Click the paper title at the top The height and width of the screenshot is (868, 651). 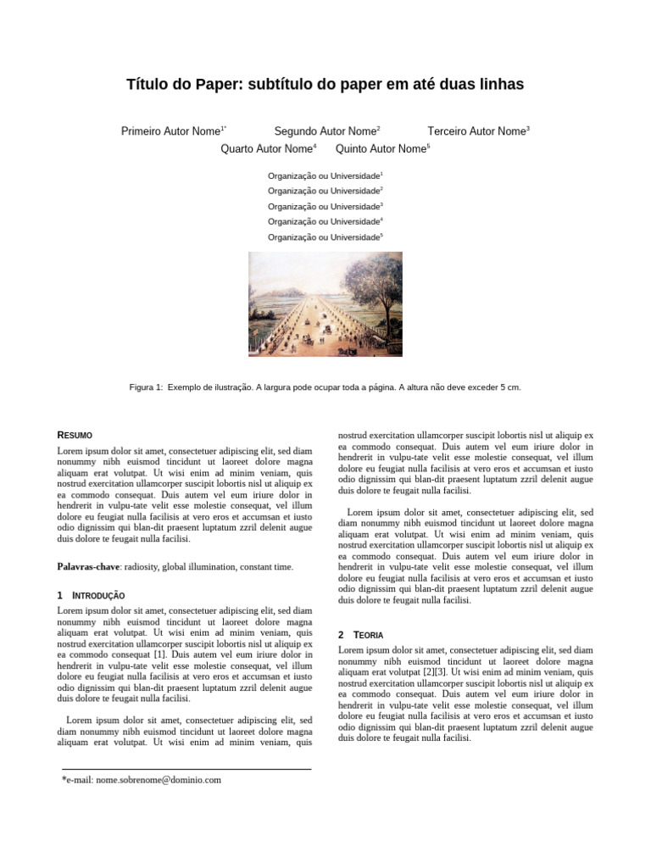[x=325, y=84]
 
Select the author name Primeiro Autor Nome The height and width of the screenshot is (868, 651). [x=172, y=131]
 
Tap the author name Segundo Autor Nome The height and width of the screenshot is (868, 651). [x=325, y=131]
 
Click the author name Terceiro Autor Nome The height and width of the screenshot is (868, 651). [x=477, y=131]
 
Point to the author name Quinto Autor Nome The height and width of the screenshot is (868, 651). [x=381, y=149]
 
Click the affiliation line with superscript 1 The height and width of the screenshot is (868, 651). [x=325, y=175]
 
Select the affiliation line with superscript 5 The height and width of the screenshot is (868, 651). [x=325, y=237]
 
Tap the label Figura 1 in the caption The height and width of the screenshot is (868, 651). [x=145, y=387]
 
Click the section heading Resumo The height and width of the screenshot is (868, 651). [x=75, y=435]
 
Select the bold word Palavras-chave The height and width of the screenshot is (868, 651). [x=87, y=566]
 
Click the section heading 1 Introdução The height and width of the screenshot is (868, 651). [x=91, y=596]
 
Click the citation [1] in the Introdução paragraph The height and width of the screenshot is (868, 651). [x=159, y=655]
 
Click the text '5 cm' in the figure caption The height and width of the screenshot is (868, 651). [x=509, y=387]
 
